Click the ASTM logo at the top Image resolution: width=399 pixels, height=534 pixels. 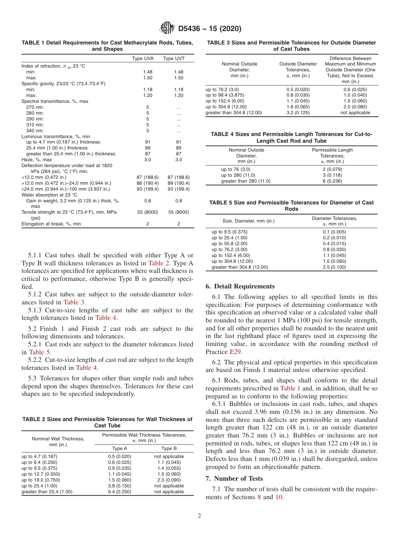point(168,29)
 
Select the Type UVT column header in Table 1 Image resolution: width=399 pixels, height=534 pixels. point(173,58)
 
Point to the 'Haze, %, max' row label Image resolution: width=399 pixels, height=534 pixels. point(37,160)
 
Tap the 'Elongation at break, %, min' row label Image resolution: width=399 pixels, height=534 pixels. point(51,224)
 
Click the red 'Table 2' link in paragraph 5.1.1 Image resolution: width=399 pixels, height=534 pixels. point(158,263)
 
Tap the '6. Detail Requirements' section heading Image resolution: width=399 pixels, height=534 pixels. point(240,286)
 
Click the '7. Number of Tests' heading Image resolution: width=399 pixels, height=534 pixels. point(234,479)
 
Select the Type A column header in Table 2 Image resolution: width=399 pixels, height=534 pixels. point(120,448)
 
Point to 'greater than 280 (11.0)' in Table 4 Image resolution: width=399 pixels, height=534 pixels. point(246,181)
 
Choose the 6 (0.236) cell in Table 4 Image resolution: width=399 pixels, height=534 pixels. point(332,181)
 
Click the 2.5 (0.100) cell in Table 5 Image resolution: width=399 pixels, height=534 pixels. point(334,267)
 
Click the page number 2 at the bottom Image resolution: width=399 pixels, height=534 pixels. point(199,516)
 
